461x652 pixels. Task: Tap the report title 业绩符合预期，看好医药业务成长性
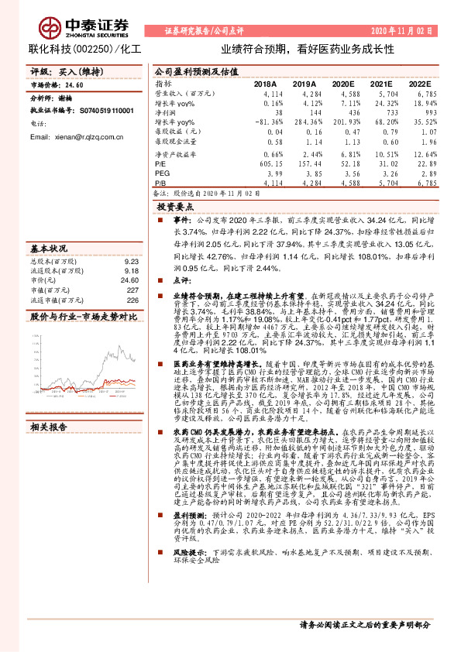308,47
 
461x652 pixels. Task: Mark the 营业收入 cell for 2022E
418,94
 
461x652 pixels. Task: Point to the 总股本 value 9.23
131,262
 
